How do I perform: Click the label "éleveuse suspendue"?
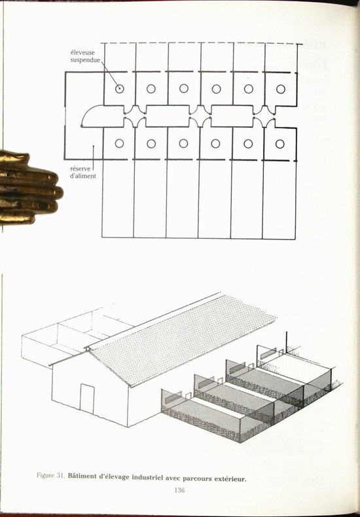point(85,56)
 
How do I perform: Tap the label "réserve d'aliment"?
point(83,173)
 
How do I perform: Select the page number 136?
point(179,490)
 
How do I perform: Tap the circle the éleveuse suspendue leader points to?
point(119,88)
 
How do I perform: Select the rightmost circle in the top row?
point(281,89)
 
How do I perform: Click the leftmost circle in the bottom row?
point(119,143)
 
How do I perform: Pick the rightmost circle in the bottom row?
point(280,144)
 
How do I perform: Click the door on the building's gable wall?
point(87,399)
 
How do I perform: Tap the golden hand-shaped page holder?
point(30,187)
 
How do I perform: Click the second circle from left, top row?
point(151,89)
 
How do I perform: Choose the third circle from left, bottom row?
point(183,143)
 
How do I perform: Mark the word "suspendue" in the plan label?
point(85,60)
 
